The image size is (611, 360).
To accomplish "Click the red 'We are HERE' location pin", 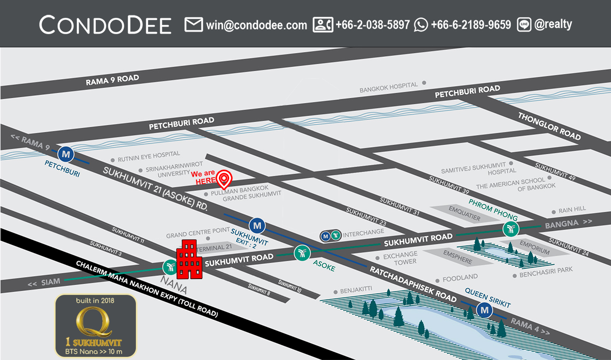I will click(224, 179).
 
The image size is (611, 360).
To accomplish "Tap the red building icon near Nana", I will click(189, 260).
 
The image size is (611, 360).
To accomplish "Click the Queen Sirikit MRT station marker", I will click(484, 309).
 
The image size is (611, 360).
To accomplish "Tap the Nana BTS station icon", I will click(170, 267).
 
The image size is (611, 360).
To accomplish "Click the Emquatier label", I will click(464, 213).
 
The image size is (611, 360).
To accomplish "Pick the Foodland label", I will click(460, 278).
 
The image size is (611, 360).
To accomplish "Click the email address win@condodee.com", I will click(257, 25).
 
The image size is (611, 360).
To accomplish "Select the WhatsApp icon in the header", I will click(421, 24).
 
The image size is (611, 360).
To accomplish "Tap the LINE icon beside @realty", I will click(524, 24).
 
